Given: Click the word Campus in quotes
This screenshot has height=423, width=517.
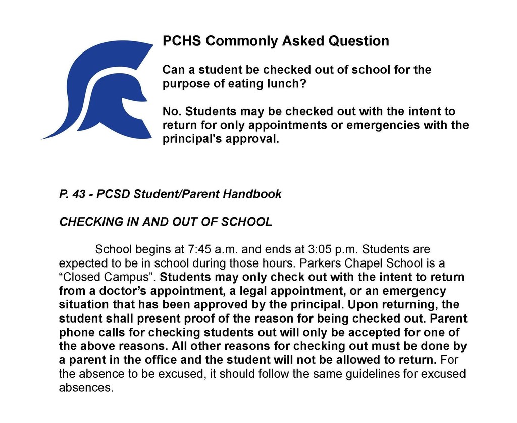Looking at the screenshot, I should point(137,278).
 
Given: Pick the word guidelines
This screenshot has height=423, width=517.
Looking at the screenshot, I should point(366,375).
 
